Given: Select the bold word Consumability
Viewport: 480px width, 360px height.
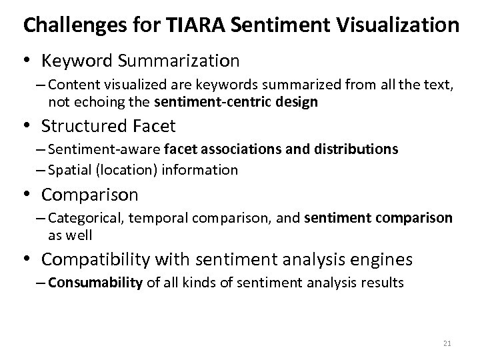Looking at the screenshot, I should click(95, 283).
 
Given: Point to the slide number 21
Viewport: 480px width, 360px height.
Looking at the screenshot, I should click(446, 343).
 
